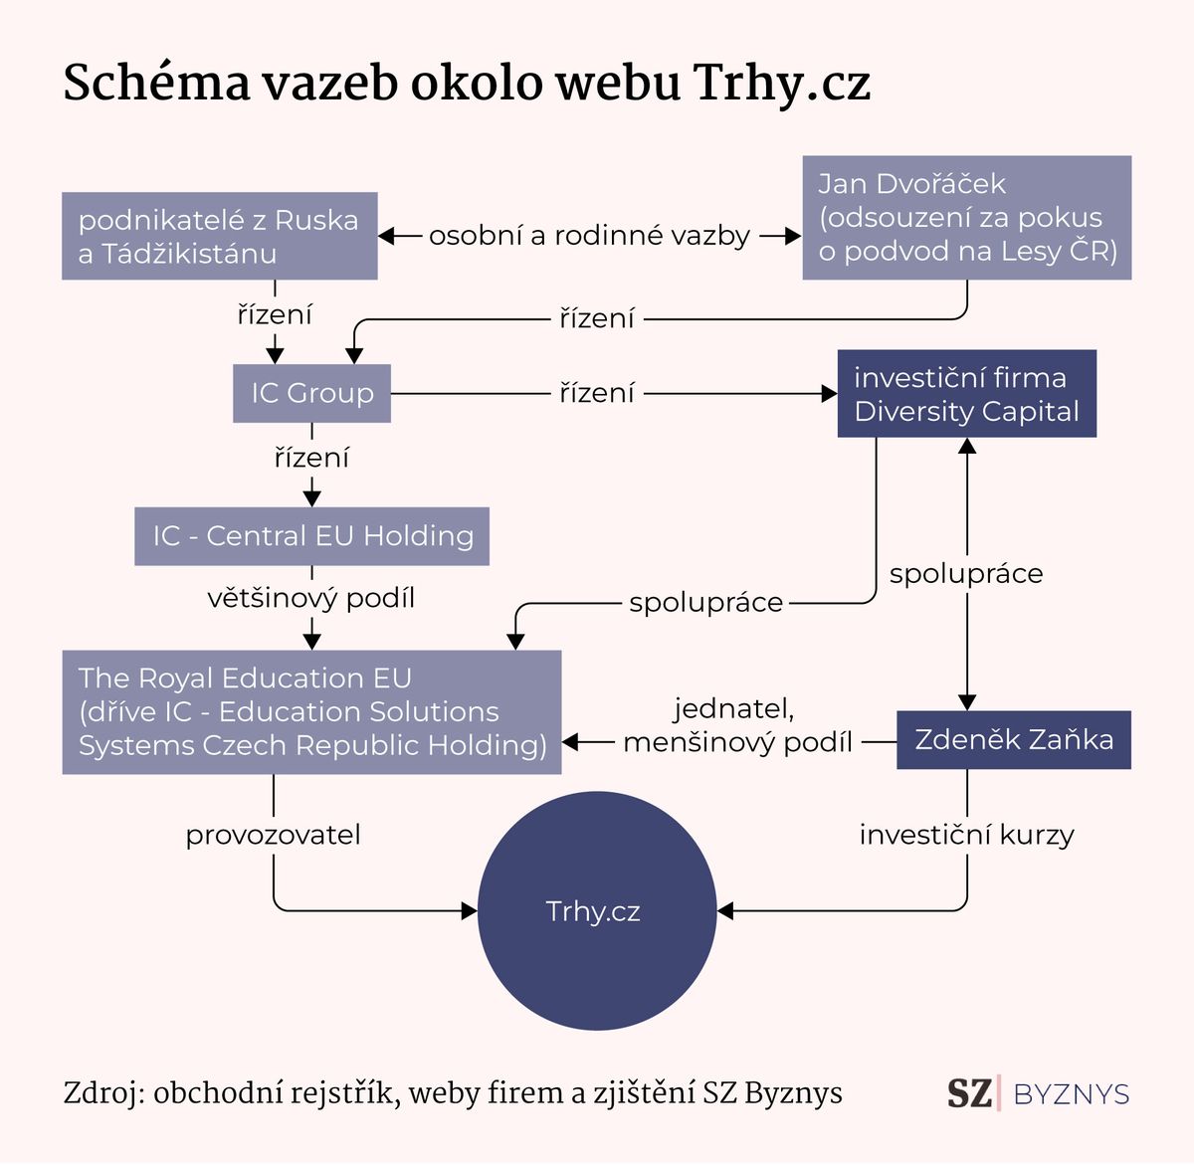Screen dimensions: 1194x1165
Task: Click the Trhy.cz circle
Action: pyautogui.click(x=596, y=911)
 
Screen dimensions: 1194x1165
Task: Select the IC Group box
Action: pyautogui.click(x=311, y=393)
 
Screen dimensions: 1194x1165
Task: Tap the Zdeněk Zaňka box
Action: pyautogui.click(x=1014, y=740)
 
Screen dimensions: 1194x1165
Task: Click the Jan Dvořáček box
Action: pyautogui.click(x=967, y=218)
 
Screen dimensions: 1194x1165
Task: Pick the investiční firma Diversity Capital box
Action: pyautogui.click(x=967, y=394)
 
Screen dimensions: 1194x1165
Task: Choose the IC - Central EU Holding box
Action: pyautogui.click(x=311, y=536)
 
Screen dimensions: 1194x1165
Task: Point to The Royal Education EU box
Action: pyautogui.click(x=311, y=712)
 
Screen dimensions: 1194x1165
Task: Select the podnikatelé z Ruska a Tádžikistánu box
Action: pyautogui.click(x=220, y=236)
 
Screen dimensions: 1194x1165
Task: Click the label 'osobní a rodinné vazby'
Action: pyautogui.click(x=590, y=236)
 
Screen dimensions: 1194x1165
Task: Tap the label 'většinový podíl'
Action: pyautogui.click(x=311, y=598)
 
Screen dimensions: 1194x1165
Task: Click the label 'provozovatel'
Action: pyautogui.click(x=273, y=835)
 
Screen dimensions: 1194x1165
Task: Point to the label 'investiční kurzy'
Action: pyautogui.click(x=967, y=835)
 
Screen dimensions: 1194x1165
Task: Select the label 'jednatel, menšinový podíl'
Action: pyautogui.click(x=737, y=725)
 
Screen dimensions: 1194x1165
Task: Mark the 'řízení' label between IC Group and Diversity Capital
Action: pyautogui.click(x=596, y=393)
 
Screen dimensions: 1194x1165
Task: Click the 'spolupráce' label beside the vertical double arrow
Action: pyautogui.click(x=966, y=574)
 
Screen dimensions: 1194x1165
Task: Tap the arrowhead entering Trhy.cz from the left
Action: pyautogui.click(x=470, y=911)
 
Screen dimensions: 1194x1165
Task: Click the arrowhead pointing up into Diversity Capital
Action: pyautogui.click(x=967, y=446)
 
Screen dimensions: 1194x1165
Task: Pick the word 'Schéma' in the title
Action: pyautogui.click(x=157, y=83)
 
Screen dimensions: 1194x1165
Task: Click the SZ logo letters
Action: pyautogui.click(x=969, y=1093)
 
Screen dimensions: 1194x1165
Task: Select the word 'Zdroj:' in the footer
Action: pyautogui.click(x=104, y=1093)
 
